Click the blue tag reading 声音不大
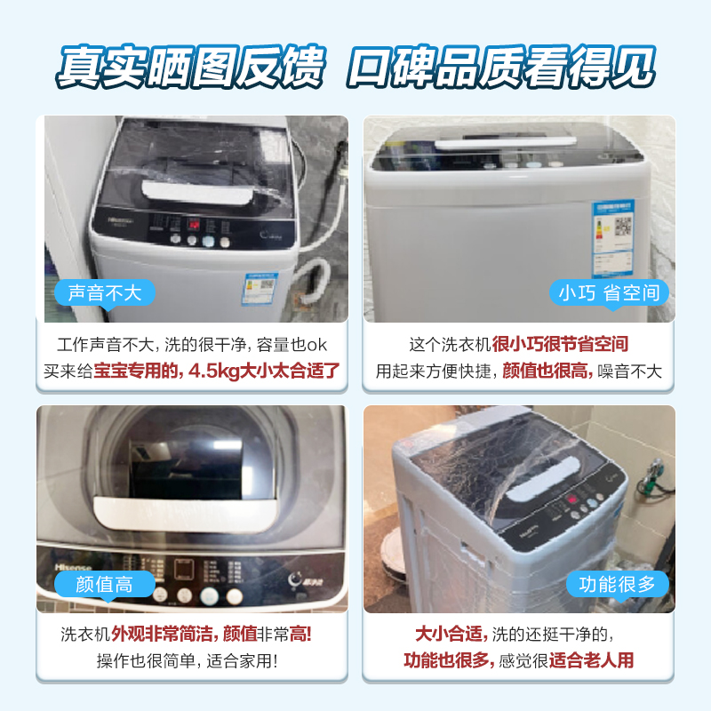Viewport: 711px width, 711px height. click(105, 292)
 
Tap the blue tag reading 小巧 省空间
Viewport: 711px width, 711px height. click(608, 292)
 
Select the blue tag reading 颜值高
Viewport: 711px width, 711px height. click(105, 583)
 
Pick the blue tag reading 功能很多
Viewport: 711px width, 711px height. click(617, 584)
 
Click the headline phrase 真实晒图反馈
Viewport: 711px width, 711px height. click(191, 65)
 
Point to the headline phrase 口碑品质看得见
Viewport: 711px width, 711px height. click(502, 65)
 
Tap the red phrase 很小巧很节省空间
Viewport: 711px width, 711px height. click(565, 344)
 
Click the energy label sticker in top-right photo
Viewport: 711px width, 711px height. click(612, 232)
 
